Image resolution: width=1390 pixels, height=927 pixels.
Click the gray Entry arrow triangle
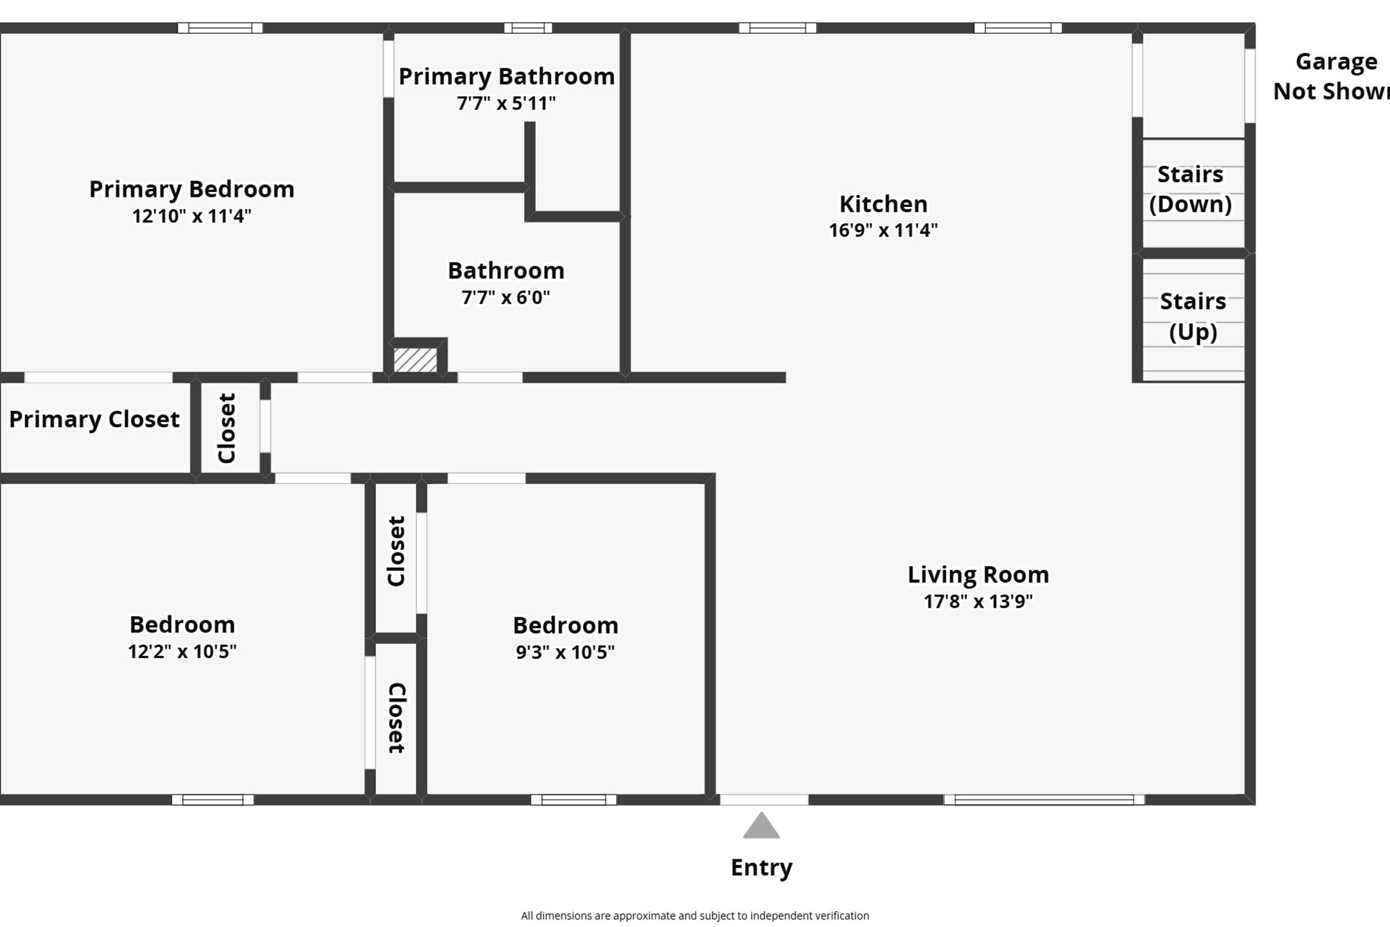(761, 826)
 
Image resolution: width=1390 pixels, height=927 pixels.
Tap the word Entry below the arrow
(761, 868)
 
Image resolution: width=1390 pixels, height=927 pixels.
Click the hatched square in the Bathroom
(415, 360)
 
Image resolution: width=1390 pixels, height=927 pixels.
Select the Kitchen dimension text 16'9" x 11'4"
(883, 230)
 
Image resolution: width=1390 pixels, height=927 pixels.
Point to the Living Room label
(978, 575)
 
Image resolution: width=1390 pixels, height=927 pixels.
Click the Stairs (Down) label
(1190, 189)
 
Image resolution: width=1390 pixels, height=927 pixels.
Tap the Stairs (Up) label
(1193, 316)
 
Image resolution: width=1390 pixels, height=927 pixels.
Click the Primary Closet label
(94, 419)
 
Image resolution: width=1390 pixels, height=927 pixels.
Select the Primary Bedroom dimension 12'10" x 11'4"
(192, 215)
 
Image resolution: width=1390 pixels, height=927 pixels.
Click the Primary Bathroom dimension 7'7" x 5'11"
(506, 103)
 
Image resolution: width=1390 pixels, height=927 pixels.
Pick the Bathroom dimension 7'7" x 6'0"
(506, 297)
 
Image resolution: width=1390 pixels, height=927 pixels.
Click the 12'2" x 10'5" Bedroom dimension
(182, 651)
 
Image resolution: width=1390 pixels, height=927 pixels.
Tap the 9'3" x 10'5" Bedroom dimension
(565, 652)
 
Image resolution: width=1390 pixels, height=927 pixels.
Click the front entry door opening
(764, 800)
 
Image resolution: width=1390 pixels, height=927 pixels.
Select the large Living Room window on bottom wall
(1044, 800)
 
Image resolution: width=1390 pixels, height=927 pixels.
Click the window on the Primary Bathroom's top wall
(528, 28)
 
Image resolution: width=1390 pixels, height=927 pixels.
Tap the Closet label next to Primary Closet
(226, 428)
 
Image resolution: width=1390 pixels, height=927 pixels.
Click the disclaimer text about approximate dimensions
(695, 916)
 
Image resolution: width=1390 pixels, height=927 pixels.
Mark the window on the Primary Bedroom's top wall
(220, 28)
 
